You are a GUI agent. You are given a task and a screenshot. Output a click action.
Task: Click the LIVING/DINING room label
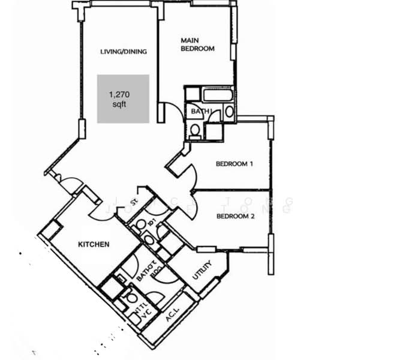(124, 52)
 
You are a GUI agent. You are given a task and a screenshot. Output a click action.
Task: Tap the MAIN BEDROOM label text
(197, 45)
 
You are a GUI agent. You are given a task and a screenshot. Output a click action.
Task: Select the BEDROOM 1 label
(234, 164)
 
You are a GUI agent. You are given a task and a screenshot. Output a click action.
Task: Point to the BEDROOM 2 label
(236, 217)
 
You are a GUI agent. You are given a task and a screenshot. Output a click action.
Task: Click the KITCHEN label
(94, 244)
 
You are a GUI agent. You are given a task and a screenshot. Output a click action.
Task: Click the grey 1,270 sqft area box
(123, 99)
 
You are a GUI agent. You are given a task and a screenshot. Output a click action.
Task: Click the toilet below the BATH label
(194, 129)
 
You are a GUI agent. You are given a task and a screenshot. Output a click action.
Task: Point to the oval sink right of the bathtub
(229, 110)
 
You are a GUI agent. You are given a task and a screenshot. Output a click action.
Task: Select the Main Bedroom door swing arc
(173, 112)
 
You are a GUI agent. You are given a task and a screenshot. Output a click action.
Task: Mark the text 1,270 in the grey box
(119, 94)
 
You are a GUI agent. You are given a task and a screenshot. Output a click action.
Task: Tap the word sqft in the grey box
(120, 104)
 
